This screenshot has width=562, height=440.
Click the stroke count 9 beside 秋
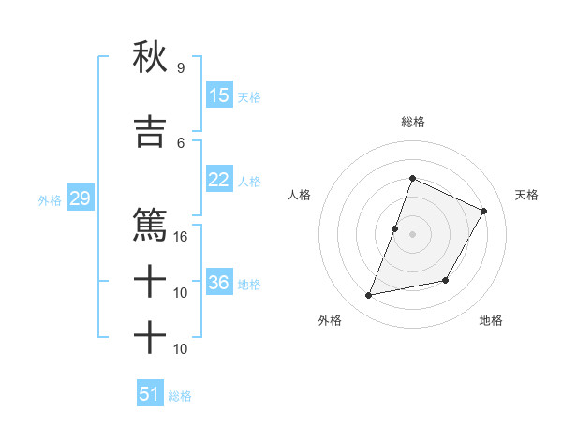pos(180,68)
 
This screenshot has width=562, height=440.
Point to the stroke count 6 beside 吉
pos(180,142)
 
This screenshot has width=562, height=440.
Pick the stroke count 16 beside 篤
pos(181,237)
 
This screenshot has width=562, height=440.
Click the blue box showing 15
pos(219,95)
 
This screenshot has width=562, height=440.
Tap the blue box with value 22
pos(219,180)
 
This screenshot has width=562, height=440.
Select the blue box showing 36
pos(219,283)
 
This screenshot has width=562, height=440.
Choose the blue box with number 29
pos(80,198)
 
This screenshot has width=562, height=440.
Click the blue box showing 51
pos(150,394)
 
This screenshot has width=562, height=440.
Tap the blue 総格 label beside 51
pos(180,396)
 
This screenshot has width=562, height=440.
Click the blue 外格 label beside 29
pos(50,199)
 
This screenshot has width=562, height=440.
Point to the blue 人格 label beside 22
pos(249,181)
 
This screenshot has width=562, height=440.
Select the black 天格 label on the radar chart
pos(527,195)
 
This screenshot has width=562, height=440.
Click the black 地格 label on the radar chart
pos(491,320)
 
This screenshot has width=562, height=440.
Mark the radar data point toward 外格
pos(369,296)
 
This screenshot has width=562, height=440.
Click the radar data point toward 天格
pos(484,212)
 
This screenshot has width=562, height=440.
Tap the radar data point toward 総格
pos(412,179)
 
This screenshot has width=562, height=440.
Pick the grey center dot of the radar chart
pos(412,234)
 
